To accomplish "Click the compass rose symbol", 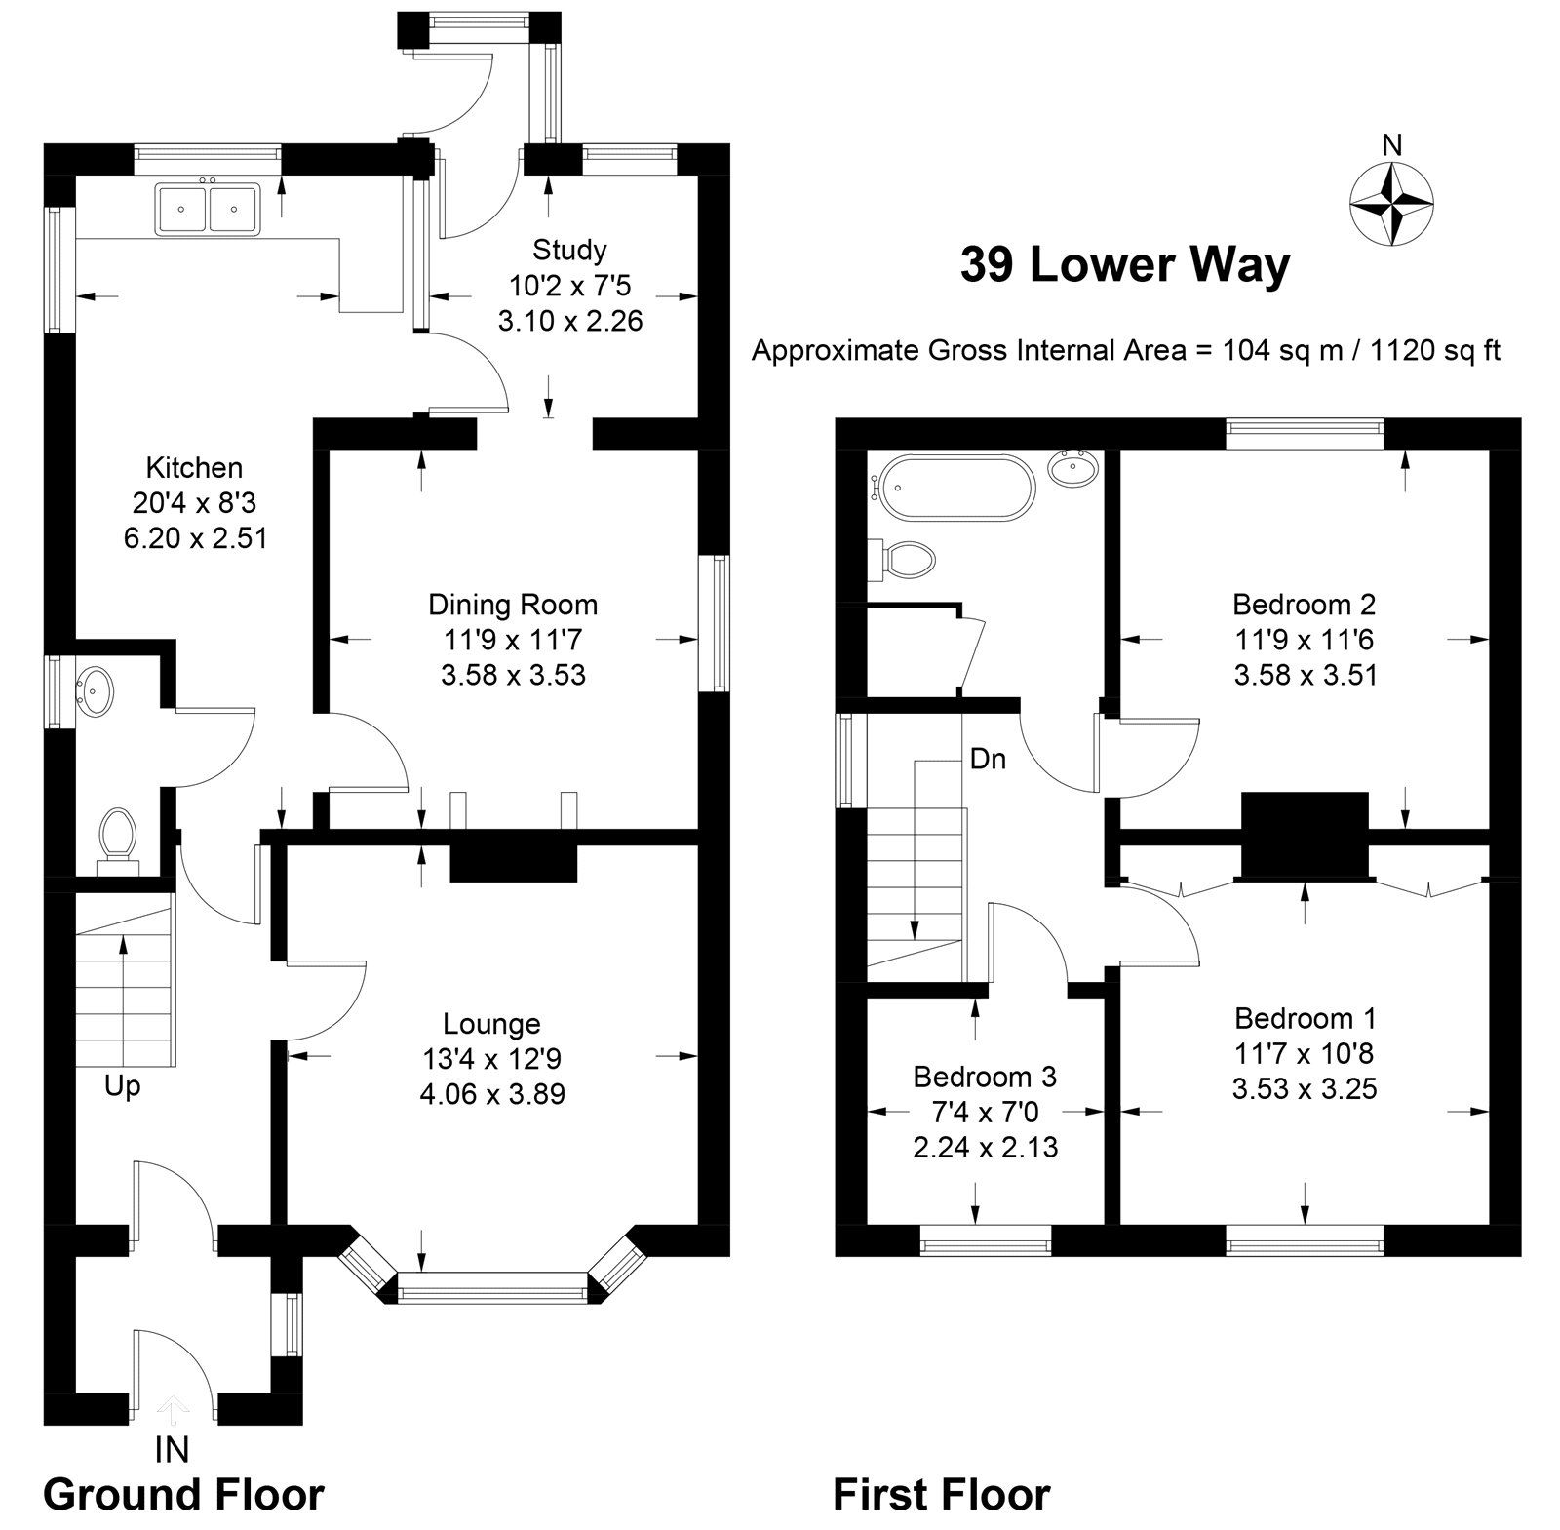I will click(1391, 204).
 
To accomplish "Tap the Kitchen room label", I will click(194, 467).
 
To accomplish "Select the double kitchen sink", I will click(206, 209).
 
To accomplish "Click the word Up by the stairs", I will click(123, 1085).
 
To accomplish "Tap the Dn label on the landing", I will click(988, 759).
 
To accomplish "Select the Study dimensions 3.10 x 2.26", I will click(570, 320).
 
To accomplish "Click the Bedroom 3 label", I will click(985, 1077).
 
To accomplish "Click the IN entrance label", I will click(172, 1450).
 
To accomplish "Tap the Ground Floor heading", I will click(183, 1494).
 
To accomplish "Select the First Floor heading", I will click(941, 1494).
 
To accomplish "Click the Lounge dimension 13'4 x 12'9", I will click(491, 1059).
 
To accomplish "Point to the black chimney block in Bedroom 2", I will click(1304, 834).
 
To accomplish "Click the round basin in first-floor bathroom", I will click(1075, 471).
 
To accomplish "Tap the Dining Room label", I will click(513, 605).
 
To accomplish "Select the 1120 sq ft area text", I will click(1435, 350).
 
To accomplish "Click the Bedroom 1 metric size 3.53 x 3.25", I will click(1305, 1088).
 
